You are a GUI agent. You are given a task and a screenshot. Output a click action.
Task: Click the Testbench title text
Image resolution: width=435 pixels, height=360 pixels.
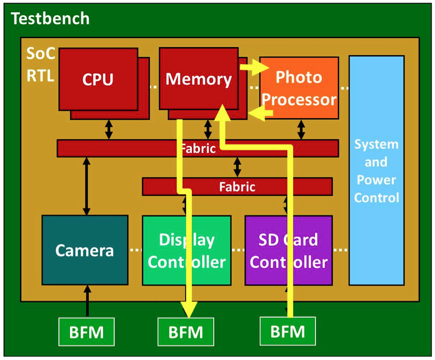pyautogui.click(x=50, y=19)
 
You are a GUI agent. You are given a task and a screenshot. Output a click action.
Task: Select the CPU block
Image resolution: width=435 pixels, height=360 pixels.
pyautogui.click(x=98, y=79)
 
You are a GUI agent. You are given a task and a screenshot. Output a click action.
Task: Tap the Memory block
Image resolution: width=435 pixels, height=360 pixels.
pyautogui.click(x=198, y=79)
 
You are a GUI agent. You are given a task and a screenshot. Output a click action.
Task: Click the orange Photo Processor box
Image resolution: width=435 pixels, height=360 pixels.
pyautogui.click(x=299, y=88)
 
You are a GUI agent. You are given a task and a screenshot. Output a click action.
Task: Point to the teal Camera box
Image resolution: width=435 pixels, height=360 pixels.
pyautogui.click(x=85, y=250)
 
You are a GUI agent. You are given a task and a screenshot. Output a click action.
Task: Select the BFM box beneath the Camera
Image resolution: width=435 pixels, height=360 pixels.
pyautogui.click(x=86, y=331)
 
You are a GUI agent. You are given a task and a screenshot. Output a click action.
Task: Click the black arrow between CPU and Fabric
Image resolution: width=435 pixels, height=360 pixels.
pyautogui.click(x=109, y=129)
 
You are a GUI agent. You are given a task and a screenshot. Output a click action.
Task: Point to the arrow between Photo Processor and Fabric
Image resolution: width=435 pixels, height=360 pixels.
pyautogui.click(x=301, y=129)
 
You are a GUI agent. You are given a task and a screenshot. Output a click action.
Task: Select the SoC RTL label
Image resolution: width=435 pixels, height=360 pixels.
pyautogui.click(x=40, y=64)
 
